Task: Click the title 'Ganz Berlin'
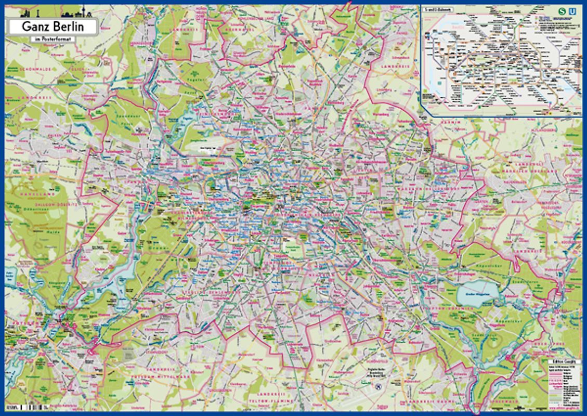pos(51,27)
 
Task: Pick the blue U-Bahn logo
pos(573,10)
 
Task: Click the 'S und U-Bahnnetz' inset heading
pos(438,10)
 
